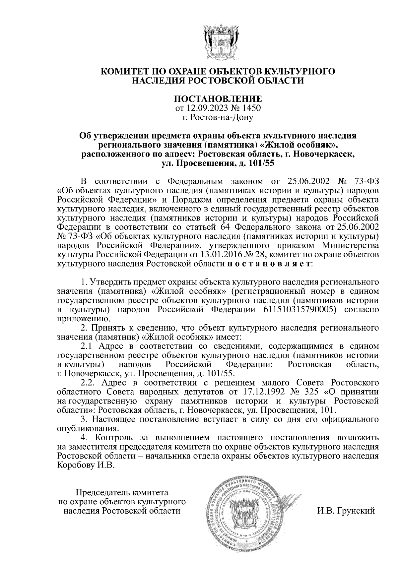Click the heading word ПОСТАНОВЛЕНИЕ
click(218, 99)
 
